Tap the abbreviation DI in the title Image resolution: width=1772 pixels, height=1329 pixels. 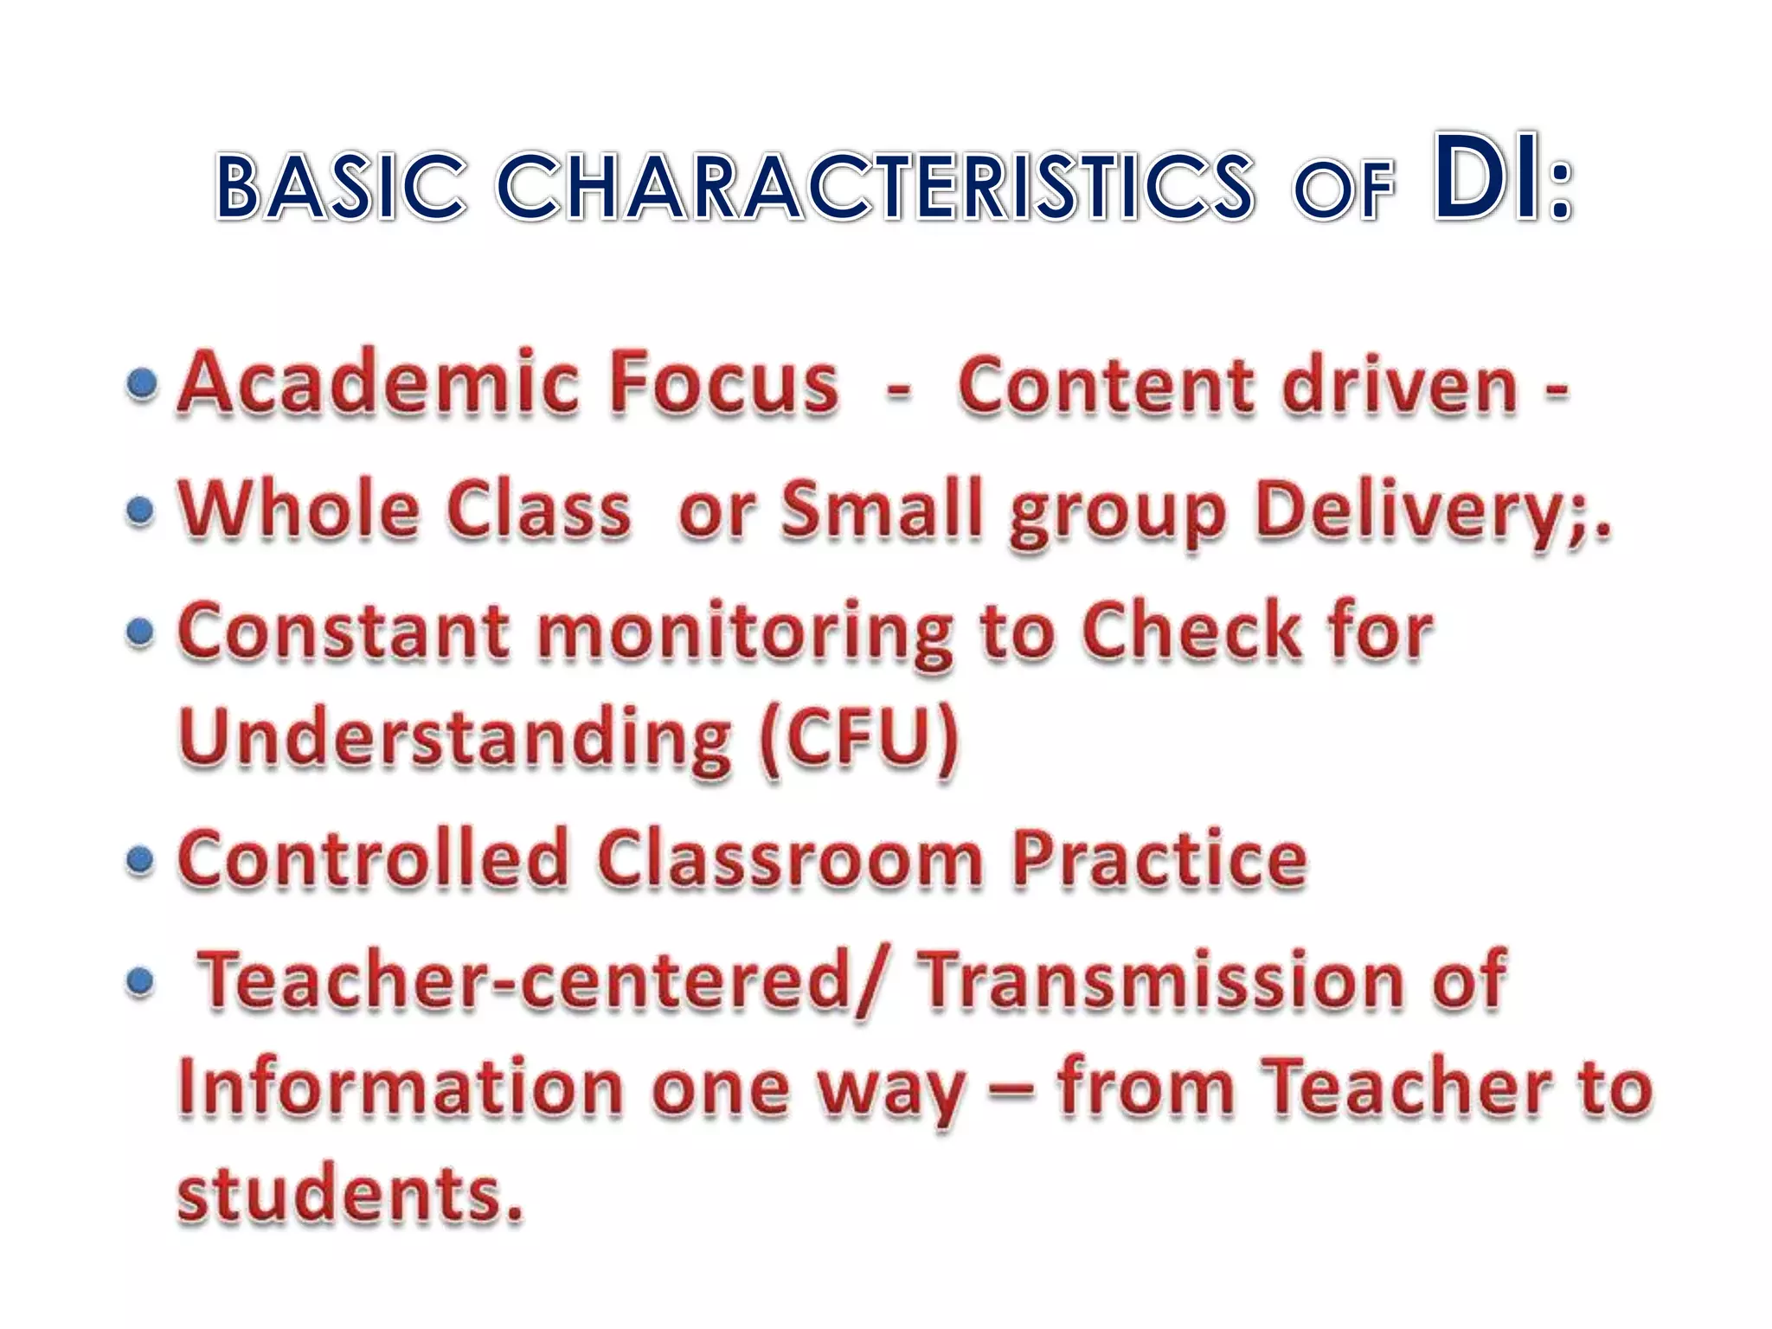click(1486, 178)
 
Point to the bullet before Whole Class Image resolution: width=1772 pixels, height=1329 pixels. click(140, 510)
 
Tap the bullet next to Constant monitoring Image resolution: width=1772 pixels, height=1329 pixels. click(140, 632)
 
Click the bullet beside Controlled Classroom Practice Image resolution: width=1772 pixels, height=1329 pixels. click(140, 860)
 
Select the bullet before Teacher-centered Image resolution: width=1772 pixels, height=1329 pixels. click(140, 982)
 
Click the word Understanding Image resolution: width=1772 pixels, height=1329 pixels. click(455, 737)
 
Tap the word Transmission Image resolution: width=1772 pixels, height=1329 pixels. click(1160, 981)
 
